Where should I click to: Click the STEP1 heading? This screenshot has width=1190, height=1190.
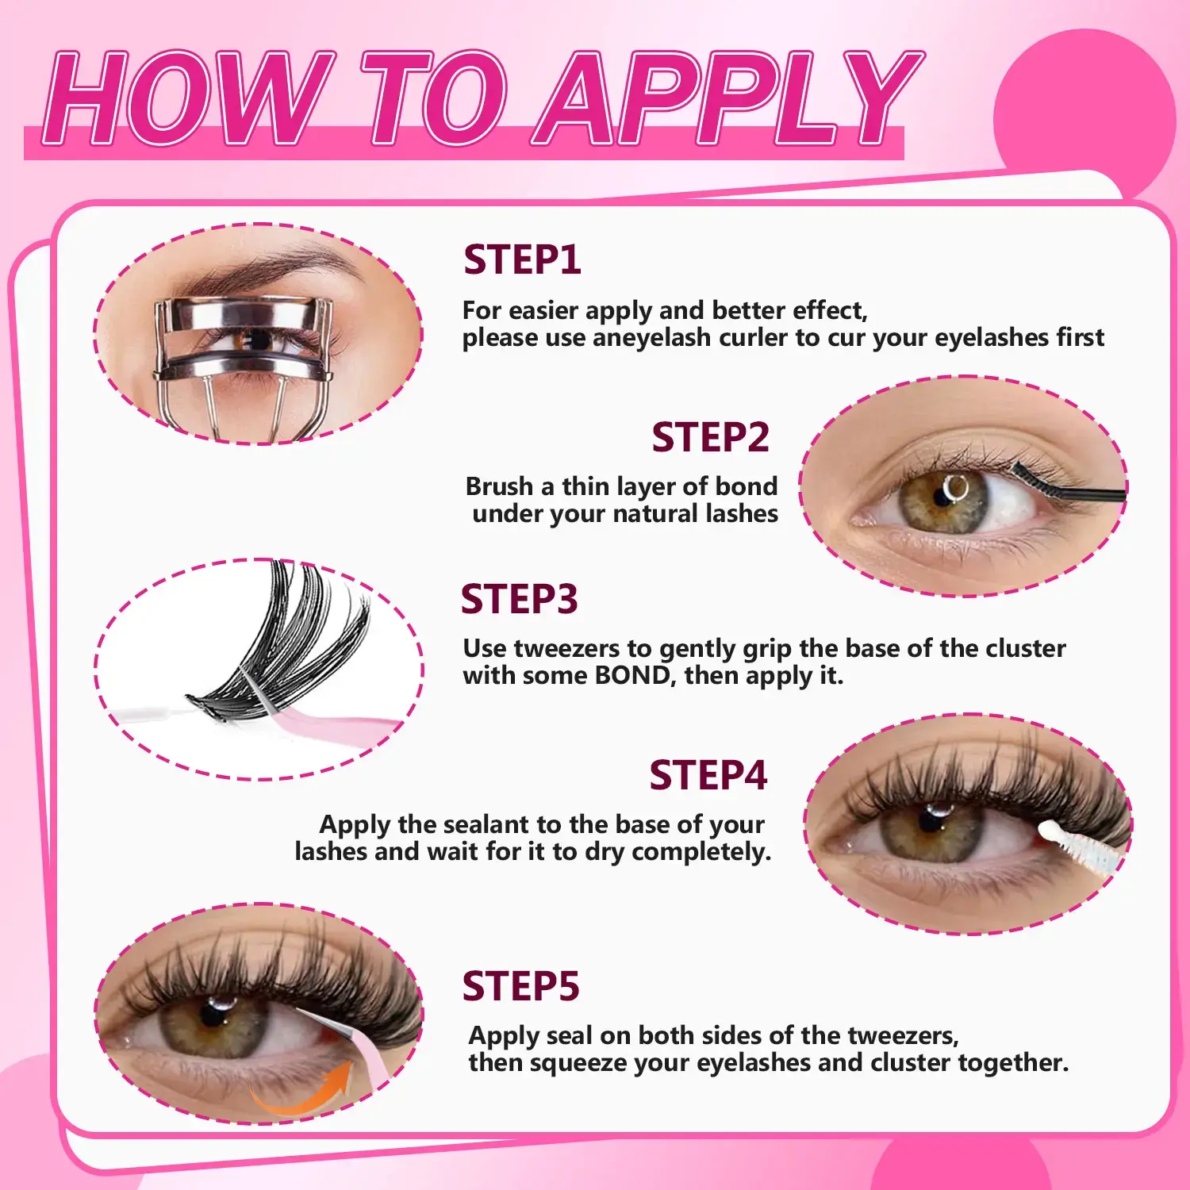tap(522, 260)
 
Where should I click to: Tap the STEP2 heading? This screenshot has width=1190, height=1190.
tap(710, 437)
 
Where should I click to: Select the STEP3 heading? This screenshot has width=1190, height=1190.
tap(519, 599)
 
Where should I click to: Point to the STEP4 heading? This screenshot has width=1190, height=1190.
tap(708, 775)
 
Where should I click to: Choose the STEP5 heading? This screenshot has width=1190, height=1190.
tap(520, 986)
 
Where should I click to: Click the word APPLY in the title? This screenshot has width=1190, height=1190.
tap(728, 99)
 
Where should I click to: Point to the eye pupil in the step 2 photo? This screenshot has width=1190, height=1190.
tap(943, 497)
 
